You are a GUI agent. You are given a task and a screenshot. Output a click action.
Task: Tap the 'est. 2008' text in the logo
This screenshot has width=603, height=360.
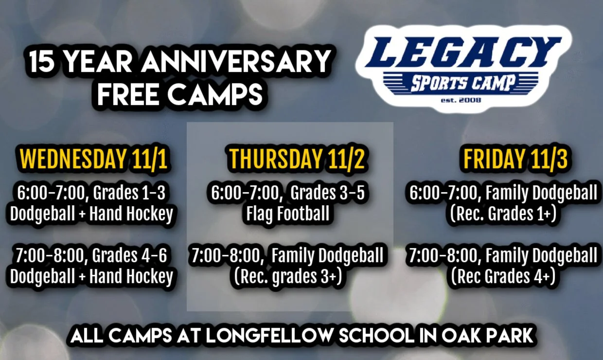tap(464, 100)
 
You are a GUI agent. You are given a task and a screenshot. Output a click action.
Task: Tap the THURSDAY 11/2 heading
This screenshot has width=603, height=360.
tap(297, 159)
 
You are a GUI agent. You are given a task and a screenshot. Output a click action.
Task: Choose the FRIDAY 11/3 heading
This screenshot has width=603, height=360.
tap(515, 159)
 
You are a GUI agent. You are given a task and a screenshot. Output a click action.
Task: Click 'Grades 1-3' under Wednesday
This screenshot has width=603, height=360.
tap(129, 193)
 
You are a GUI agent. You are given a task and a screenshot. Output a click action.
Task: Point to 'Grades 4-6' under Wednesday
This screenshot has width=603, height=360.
tap(129, 255)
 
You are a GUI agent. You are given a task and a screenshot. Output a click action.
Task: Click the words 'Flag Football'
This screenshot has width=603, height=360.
tap(288, 214)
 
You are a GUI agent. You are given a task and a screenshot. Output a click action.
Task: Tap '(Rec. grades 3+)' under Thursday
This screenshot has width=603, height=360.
tap(287, 276)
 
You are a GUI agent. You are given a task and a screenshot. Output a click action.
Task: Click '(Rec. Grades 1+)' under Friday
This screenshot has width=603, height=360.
tap(503, 214)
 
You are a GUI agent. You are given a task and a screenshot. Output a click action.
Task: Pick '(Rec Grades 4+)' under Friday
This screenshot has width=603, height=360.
tap(503, 276)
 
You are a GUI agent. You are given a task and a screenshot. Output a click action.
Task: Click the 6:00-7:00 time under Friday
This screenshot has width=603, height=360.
tap(443, 193)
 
